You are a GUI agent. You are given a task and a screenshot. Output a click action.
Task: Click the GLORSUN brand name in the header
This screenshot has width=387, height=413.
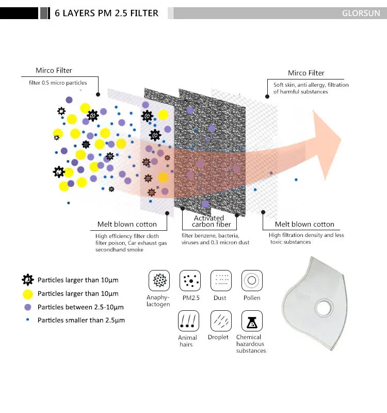[x=361, y=13]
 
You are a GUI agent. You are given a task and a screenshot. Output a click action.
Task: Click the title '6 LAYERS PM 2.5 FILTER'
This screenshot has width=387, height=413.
[x=106, y=13]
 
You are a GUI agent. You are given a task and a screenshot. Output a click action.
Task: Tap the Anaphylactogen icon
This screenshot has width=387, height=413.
[x=159, y=280]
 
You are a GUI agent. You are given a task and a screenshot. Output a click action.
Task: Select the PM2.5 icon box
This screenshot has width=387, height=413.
[x=190, y=280]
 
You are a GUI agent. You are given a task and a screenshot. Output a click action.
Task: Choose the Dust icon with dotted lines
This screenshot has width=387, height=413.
[x=221, y=280]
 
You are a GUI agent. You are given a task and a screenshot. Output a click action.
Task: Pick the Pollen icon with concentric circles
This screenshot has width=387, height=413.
[x=252, y=280]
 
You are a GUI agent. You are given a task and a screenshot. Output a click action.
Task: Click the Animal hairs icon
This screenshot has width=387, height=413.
[x=188, y=321]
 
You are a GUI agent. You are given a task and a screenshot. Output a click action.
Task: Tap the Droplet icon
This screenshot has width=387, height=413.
[x=221, y=321]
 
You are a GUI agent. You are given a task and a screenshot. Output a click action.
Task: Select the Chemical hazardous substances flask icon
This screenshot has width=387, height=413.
[x=252, y=321]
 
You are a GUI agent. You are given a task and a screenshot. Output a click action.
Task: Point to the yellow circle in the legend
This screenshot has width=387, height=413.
[x=28, y=294]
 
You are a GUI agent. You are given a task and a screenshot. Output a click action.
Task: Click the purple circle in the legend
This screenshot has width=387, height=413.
[x=28, y=307]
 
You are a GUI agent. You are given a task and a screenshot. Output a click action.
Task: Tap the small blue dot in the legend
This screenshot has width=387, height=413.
[x=28, y=320]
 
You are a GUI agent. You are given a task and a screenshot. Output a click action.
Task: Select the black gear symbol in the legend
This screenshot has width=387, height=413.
[x=28, y=280]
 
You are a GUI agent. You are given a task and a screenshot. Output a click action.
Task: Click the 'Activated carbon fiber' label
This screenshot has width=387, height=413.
[x=211, y=221]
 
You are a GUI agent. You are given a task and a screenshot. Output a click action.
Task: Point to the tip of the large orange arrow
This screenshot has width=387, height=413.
[x=341, y=139]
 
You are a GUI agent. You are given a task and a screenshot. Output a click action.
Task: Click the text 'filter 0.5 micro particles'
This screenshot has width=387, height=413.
[x=58, y=83]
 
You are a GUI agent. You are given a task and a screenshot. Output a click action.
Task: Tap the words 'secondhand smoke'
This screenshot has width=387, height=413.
[x=119, y=250]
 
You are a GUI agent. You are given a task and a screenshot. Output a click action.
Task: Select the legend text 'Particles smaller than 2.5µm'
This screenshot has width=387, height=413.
[x=81, y=320]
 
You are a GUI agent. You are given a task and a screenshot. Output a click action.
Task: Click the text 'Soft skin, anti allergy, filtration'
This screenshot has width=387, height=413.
[x=311, y=85]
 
